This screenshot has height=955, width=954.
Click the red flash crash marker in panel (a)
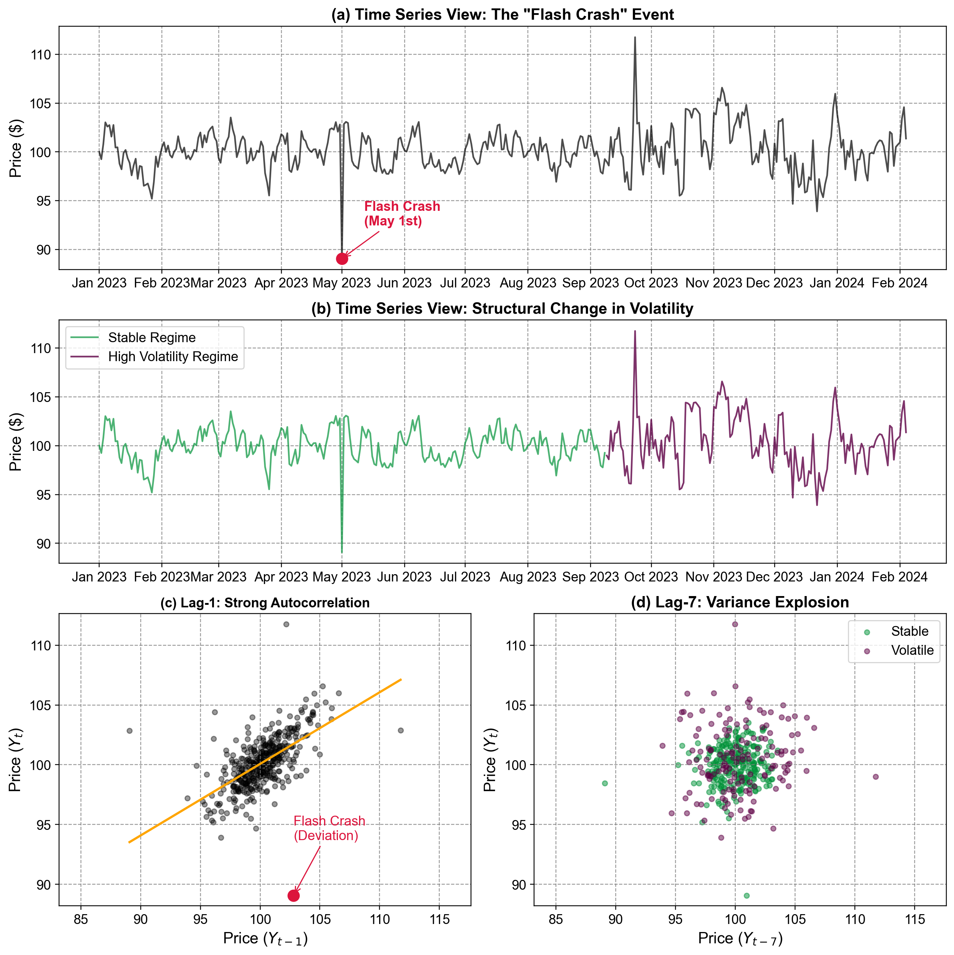pos(341,259)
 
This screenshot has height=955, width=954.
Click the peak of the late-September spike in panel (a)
pos(635,37)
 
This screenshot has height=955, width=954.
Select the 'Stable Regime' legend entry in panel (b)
pos(152,338)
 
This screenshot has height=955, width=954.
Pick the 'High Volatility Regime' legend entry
pos(173,356)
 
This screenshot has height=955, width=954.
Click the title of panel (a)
pos(502,14)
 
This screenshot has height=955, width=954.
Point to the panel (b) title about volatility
pos(502,309)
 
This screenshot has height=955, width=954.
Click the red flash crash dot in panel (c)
pos(293,896)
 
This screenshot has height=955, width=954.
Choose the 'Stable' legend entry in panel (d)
pos(910,631)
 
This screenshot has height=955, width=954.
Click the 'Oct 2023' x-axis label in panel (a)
pos(651,283)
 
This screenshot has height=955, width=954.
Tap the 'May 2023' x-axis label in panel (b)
pos(341,577)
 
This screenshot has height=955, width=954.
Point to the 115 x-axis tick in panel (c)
pos(440,920)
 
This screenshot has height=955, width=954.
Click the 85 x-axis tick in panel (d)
pos(556,920)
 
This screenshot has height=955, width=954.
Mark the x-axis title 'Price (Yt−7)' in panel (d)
pos(740,939)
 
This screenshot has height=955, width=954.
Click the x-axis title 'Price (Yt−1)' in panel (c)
pos(265,939)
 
